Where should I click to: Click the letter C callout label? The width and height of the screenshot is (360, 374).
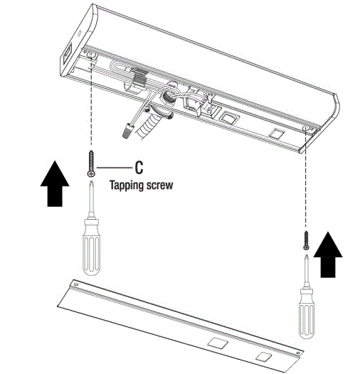pos(139,168)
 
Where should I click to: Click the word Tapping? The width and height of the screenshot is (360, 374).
pos(126,183)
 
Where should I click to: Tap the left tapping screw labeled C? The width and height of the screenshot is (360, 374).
pos(92,163)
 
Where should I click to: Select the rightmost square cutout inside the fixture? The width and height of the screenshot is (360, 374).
pos(276,133)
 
